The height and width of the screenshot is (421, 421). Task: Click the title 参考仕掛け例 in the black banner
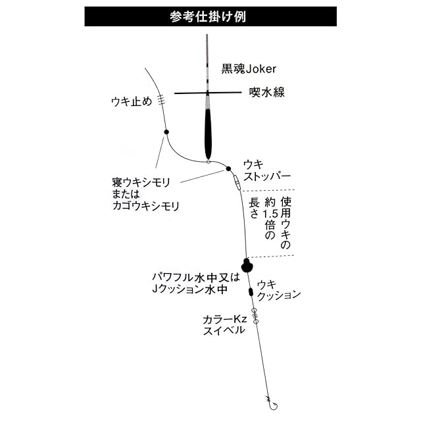210,16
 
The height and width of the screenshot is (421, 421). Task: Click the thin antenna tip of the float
206,53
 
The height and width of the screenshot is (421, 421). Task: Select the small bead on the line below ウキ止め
166,132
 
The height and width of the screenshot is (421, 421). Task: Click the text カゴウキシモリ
146,206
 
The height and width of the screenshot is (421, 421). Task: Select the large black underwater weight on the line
247,264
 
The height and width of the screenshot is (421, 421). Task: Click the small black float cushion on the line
250,291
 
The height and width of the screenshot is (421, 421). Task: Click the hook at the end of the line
268,399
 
